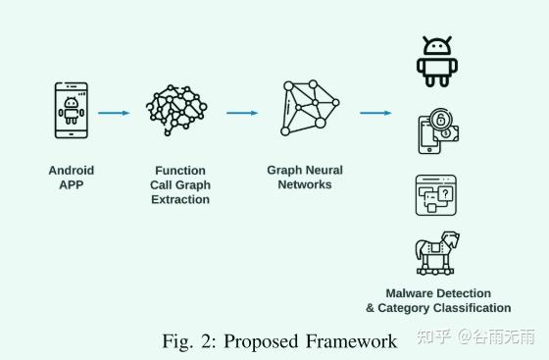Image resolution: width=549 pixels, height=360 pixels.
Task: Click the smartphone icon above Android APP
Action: [x=71, y=112]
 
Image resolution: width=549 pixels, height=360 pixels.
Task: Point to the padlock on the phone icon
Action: [x=444, y=122]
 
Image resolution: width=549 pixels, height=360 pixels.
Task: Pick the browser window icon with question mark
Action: [x=435, y=195]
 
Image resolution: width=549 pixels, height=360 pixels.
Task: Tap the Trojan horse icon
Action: [x=438, y=253]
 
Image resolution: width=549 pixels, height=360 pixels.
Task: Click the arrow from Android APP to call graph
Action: [x=114, y=113]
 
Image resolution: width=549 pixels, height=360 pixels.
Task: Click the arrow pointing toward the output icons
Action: [x=375, y=113]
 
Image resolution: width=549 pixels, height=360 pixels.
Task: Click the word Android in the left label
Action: [x=72, y=170]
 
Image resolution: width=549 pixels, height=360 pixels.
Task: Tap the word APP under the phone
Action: [x=72, y=184]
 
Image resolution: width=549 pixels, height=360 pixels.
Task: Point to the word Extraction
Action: [x=180, y=199]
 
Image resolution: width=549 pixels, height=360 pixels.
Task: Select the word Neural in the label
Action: [x=323, y=170]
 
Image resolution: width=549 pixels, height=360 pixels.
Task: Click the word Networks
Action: [x=305, y=184]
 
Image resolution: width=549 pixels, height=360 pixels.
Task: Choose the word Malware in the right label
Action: [x=410, y=293]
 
